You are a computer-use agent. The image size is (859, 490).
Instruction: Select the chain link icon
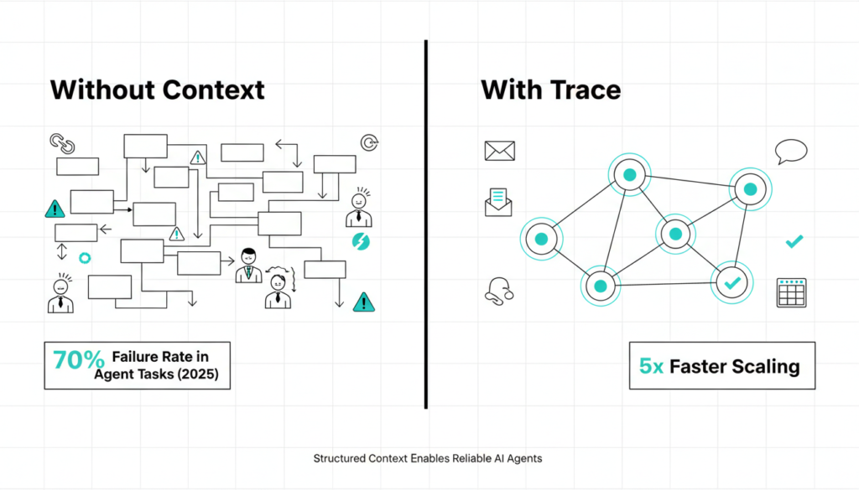tap(62, 142)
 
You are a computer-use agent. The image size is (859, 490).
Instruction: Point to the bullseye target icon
tap(368, 142)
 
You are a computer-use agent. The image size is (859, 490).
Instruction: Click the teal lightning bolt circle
tap(361, 242)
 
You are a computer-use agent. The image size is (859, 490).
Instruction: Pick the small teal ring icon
tap(84, 258)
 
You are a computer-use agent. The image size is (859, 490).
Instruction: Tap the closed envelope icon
tap(499, 151)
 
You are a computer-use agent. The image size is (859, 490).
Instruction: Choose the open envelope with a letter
tap(498, 202)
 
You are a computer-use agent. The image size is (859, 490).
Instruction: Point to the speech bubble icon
tap(790, 152)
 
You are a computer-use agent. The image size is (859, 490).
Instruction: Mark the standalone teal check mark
tap(794, 242)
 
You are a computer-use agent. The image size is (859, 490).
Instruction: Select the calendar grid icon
tap(791, 292)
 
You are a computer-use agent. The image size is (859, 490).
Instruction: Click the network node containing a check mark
tap(732, 283)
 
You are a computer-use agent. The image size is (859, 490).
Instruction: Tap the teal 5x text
tap(653, 366)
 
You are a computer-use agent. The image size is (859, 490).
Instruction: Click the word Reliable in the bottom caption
tap(478, 459)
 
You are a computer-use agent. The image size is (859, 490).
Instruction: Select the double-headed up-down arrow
tap(61, 252)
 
